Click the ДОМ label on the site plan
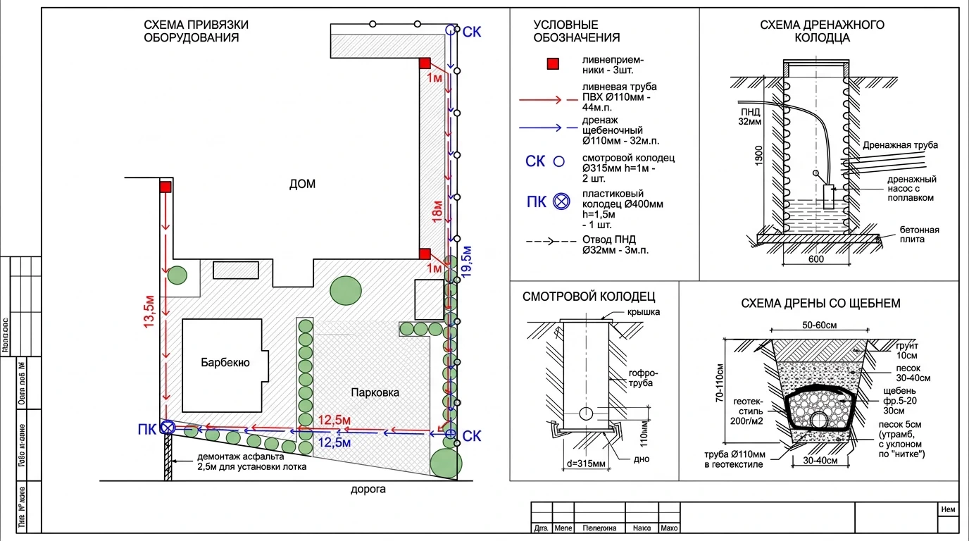302,185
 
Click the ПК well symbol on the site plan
168,428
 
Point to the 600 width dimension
815,259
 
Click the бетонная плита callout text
919,235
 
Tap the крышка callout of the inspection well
644,312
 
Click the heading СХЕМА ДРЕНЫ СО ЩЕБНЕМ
820,304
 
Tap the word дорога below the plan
368,489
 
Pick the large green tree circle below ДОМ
346,290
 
